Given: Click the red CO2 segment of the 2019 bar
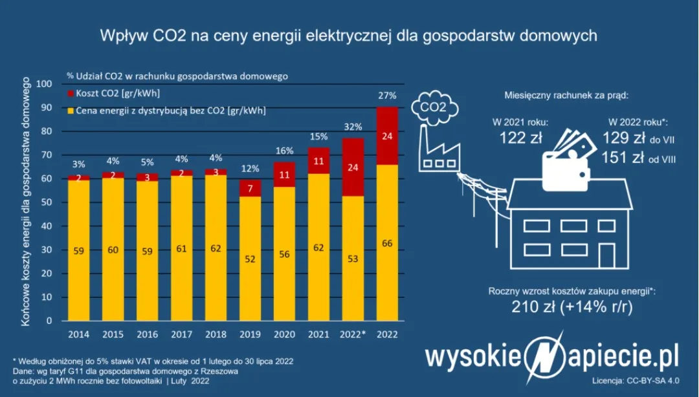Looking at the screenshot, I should (x=249, y=188).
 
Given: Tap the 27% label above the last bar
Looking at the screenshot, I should (x=387, y=96).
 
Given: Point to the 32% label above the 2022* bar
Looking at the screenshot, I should (x=353, y=127).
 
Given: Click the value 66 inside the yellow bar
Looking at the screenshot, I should (x=387, y=243).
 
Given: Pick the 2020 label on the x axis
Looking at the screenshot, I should (x=283, y=335).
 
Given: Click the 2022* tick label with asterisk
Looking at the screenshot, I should (x=353, y=335).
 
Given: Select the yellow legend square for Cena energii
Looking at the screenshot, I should (x=70, y=111).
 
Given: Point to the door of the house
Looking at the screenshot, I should (x=608, y=253).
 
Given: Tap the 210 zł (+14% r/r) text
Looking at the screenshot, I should (x=571, y=306).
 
